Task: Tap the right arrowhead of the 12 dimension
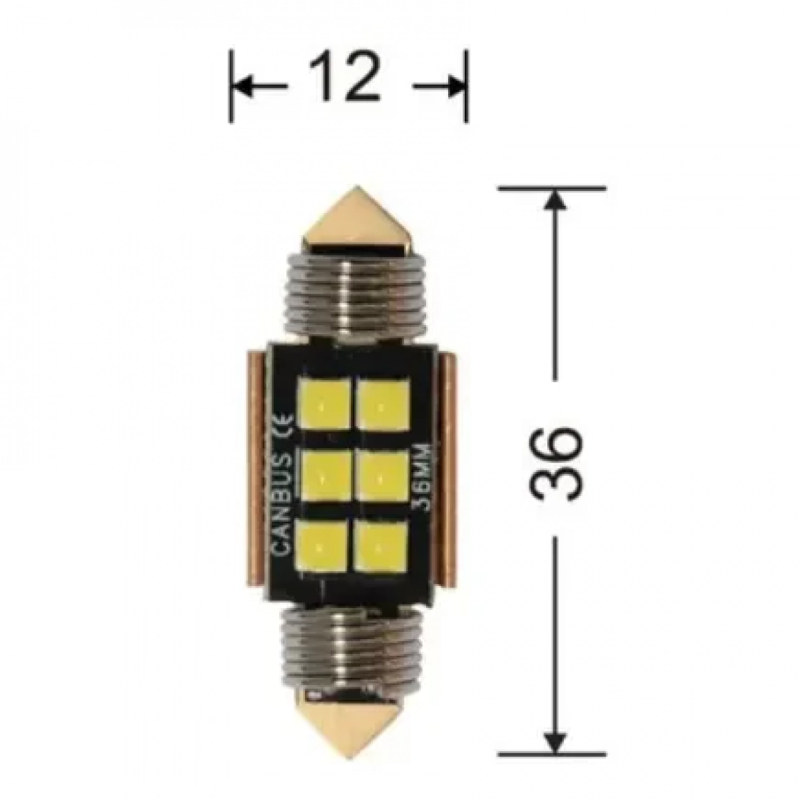(457, 87)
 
